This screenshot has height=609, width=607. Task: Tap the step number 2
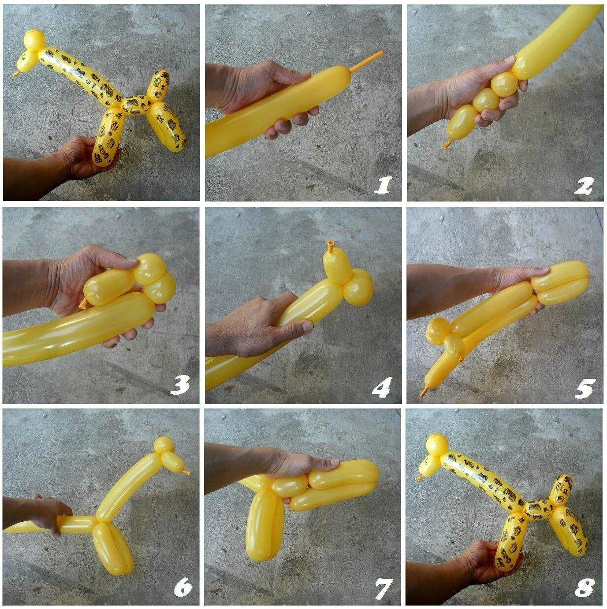click(x=584, y=186)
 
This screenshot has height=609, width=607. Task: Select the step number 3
click(x=180, y=385)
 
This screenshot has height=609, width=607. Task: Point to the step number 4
click(x=382, y=387)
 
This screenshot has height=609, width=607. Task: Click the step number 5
click(x=583, y=388)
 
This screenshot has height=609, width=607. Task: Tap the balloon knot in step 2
click(x=447, y=143)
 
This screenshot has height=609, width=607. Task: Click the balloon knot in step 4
click(x=331, y=245)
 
